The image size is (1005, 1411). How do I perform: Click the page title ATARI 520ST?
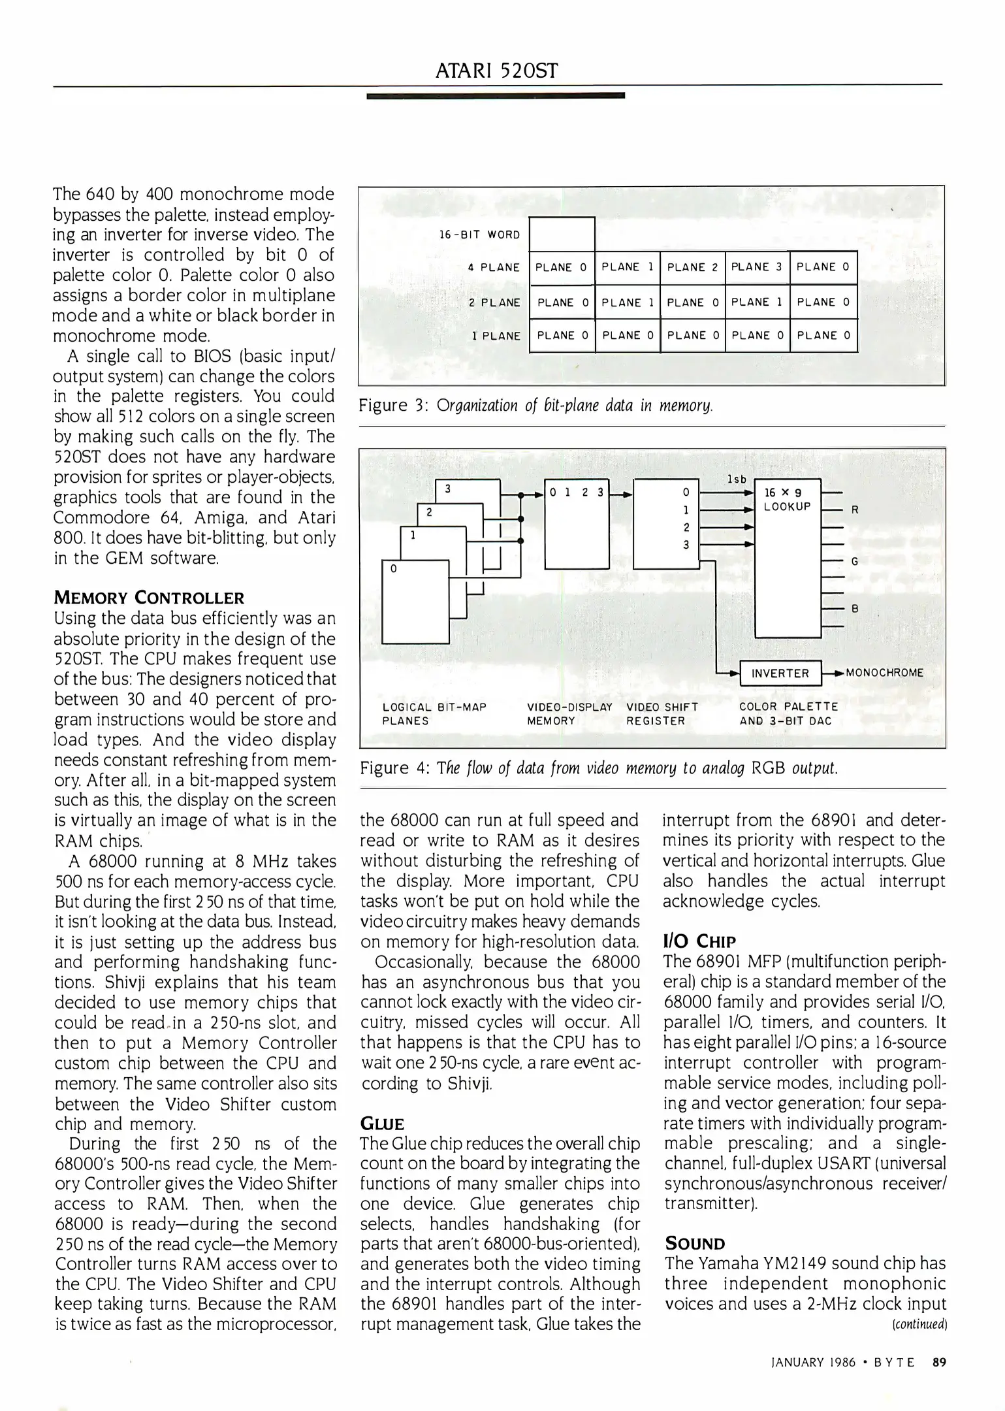[496, 70]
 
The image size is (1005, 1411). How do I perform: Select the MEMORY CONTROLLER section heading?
[149, 598]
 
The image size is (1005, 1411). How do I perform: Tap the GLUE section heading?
[382, 1124]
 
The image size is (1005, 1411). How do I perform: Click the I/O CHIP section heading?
[699, 941]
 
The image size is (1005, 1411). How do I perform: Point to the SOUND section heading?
[694, 1244]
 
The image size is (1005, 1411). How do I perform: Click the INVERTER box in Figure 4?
[780, 673]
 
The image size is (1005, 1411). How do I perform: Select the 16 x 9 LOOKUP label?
[787, 500]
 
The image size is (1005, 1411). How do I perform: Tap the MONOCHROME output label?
[884, 673]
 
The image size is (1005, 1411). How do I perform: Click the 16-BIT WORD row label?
[480, 235]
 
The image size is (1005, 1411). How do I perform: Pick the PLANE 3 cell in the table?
[756, 267]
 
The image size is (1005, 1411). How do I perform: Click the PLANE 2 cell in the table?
[692, 267]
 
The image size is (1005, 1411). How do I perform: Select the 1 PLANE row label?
[496, 336]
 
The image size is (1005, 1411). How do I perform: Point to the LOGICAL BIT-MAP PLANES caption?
[434, 713]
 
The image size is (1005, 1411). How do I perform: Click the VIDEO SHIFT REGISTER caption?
[662, 713]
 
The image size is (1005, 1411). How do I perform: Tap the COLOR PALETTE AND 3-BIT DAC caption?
[788, 713]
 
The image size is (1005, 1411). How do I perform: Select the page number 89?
[939, 1362]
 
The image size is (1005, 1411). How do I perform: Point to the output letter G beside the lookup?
[854, 561]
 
